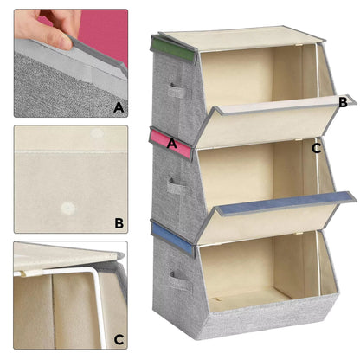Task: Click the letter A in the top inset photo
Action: click(x=119, y=107)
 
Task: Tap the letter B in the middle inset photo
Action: click(x=119, y=222)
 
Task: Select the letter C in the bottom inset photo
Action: click(x=118, y=339)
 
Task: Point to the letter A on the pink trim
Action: click(x=173, y=144)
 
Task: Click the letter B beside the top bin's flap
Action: click(x=343, y=102)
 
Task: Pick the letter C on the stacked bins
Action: click(x=317, y=148)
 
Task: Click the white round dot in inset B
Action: click(x=67, y=209)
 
